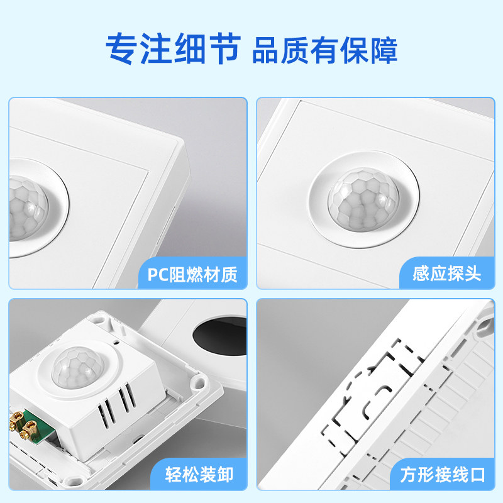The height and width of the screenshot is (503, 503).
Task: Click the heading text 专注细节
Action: coord(174,48)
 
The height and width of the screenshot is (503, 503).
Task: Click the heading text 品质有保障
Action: coord(324,50)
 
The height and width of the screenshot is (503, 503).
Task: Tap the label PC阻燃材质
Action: coord(192,275)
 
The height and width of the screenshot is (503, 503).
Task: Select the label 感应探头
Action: coord(447,274)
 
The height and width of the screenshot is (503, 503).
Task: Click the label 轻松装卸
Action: coord(199,475)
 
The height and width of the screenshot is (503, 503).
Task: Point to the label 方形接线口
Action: coord(443,475)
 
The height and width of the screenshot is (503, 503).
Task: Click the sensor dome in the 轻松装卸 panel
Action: coord(78,367)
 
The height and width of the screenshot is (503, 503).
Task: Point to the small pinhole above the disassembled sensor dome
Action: coord(117,342)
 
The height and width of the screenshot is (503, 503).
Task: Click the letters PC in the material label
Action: coord(158,275)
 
